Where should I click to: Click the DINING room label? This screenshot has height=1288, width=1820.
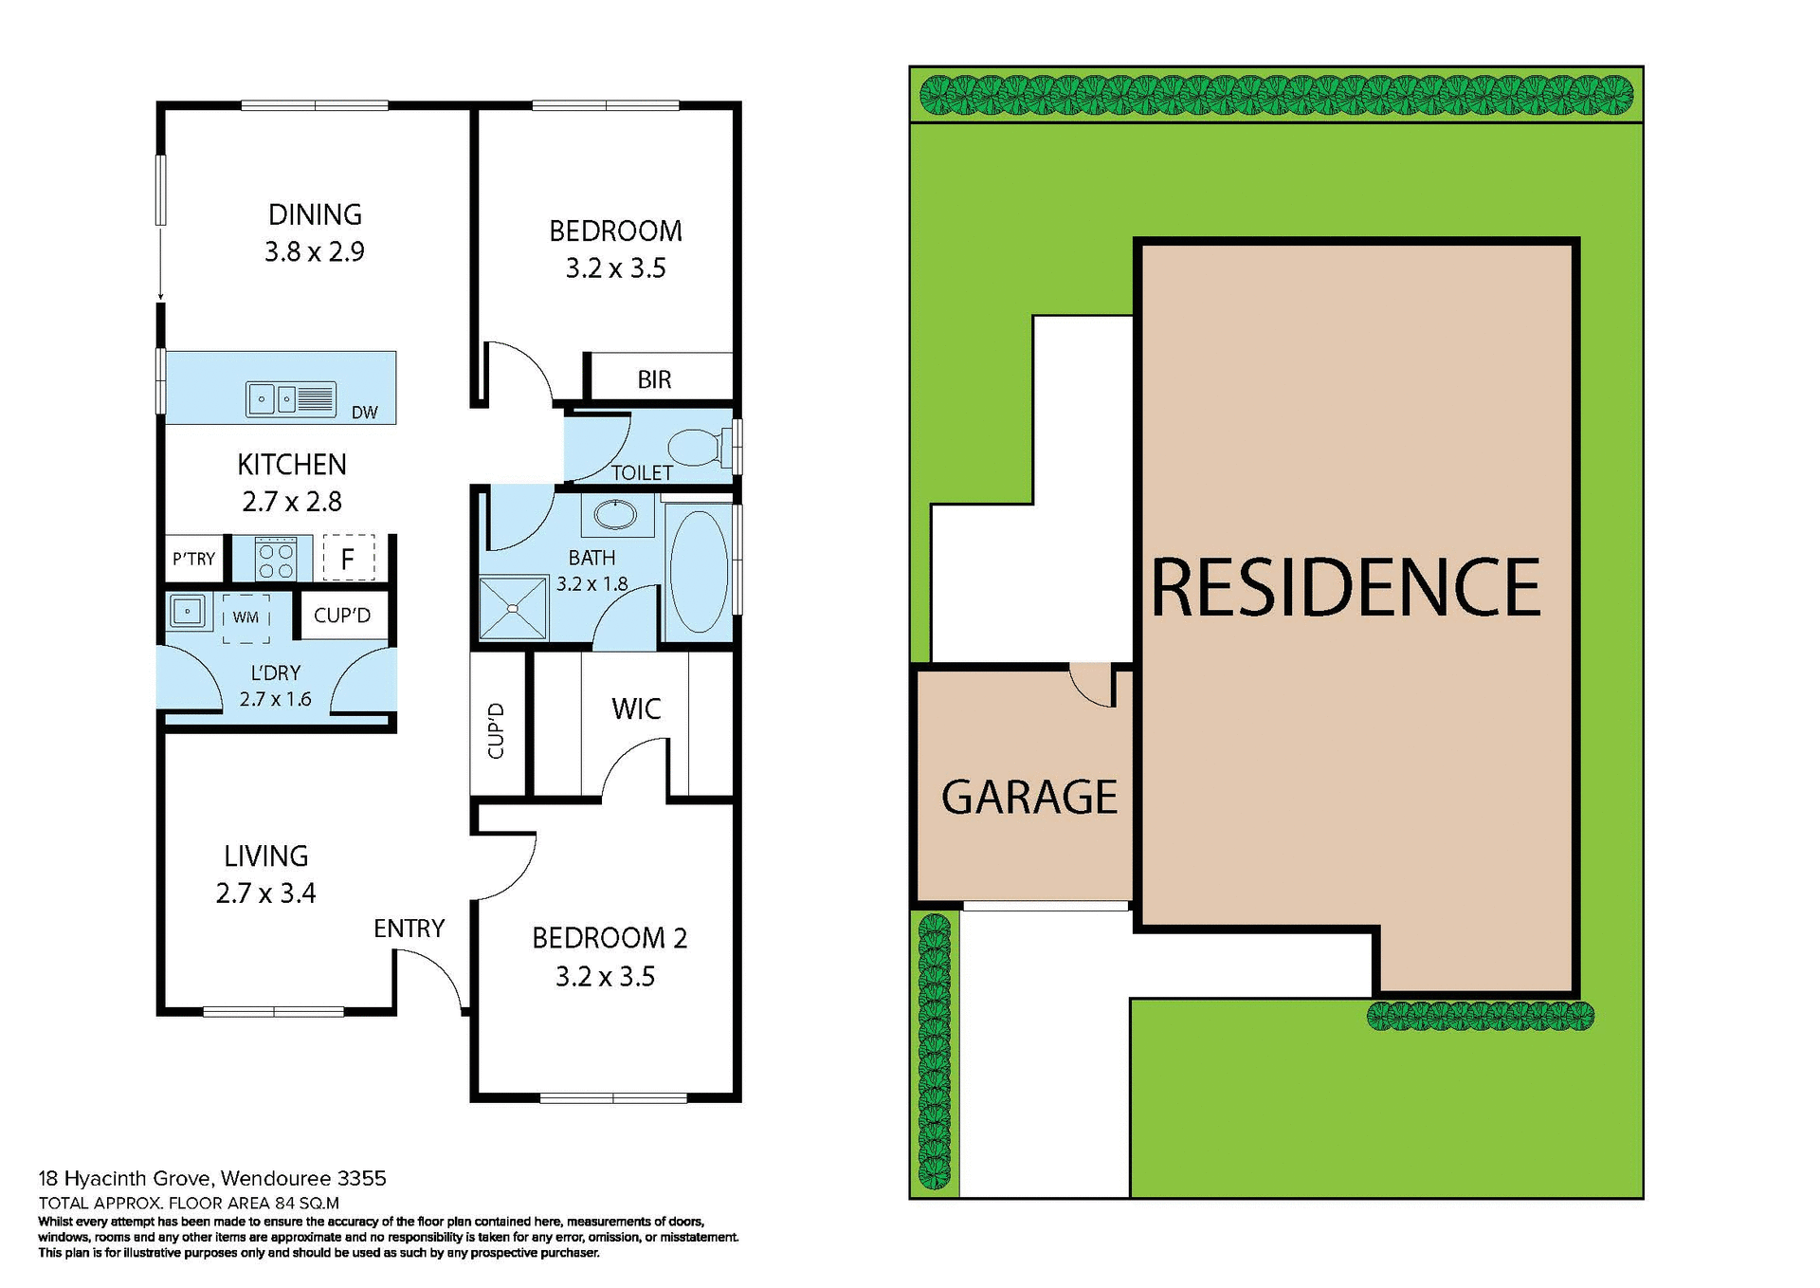[x=315, y=214]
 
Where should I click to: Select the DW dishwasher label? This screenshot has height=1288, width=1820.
[x=364, y=413]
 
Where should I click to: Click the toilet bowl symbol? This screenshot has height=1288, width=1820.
[x=696, y=447]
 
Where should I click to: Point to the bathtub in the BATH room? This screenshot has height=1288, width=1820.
[x=699, y=572]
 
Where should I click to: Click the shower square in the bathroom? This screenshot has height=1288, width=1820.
[x=513, y=607]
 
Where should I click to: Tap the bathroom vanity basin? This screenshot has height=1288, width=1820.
[x=616, y=515]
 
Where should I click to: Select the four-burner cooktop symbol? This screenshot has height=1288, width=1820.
[x=276, y=560]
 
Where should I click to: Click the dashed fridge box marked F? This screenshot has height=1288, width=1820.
[x=348, y=559]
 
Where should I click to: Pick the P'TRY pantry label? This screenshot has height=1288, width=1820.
[x=193, y=559]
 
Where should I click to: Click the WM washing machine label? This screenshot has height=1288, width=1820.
[x=246, y=617]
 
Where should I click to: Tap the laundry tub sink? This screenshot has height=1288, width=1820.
[x=187, y=612]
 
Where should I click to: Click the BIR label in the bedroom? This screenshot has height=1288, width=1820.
[x=654, y=379]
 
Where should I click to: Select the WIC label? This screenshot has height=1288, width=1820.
[x=636, y=708]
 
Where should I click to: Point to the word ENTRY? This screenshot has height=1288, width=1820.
[x=409, y=929]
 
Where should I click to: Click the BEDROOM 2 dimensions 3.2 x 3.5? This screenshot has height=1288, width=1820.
[x=605, y=977]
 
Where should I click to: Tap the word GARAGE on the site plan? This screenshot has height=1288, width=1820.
[x=1028, y=797]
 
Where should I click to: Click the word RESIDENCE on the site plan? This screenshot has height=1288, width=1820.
[x=1346, y=589]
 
